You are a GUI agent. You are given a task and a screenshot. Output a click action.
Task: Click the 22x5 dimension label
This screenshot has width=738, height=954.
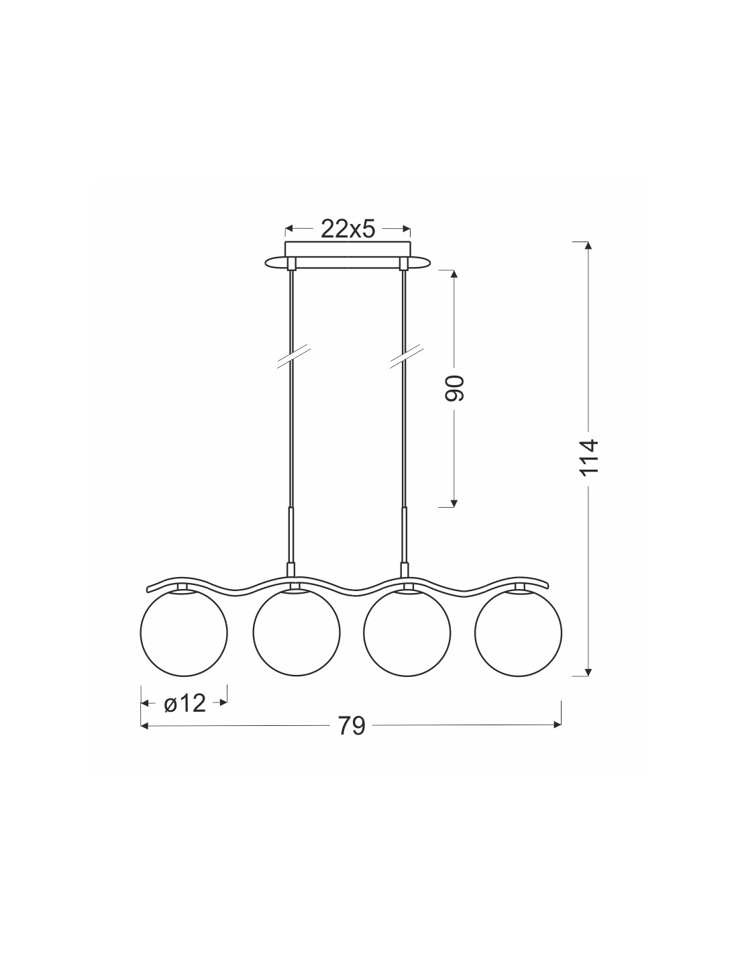(x=348, y=229)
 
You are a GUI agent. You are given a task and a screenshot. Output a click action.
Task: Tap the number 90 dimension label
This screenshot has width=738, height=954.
(x=454, y=388)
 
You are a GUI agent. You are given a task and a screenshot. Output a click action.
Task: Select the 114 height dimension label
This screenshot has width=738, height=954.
(x=589, y=458)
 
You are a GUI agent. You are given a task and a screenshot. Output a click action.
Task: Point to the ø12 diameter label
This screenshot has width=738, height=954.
(x=184, y=704)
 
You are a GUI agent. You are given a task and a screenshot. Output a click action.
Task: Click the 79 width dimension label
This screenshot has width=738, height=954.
(x=352, y=726)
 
